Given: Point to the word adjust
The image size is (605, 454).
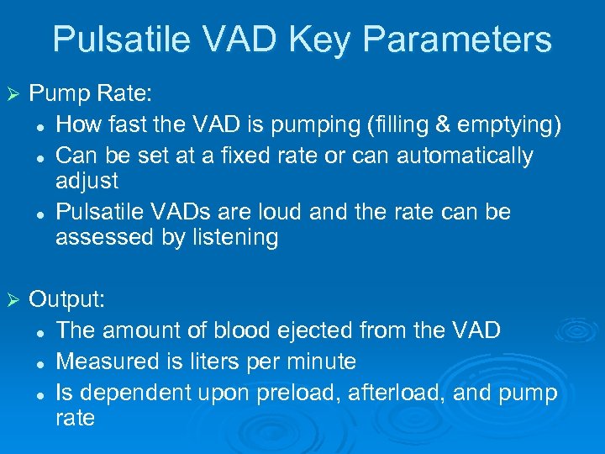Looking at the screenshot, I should tap(87, 182).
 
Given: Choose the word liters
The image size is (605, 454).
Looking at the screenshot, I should tap(207, 362).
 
